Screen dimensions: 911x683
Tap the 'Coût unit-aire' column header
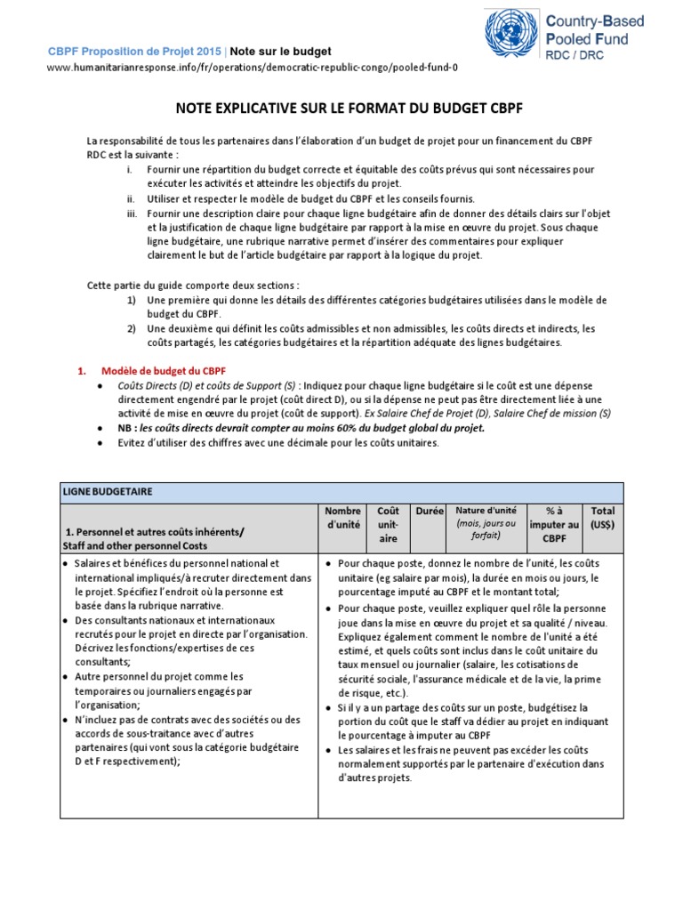388,525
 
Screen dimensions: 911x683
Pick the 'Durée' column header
428,512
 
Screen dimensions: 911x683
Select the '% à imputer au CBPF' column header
555,525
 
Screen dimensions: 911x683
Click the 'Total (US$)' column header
602,518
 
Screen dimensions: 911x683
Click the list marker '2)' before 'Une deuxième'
131,328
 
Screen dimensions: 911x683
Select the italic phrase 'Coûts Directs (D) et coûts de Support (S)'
207,385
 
